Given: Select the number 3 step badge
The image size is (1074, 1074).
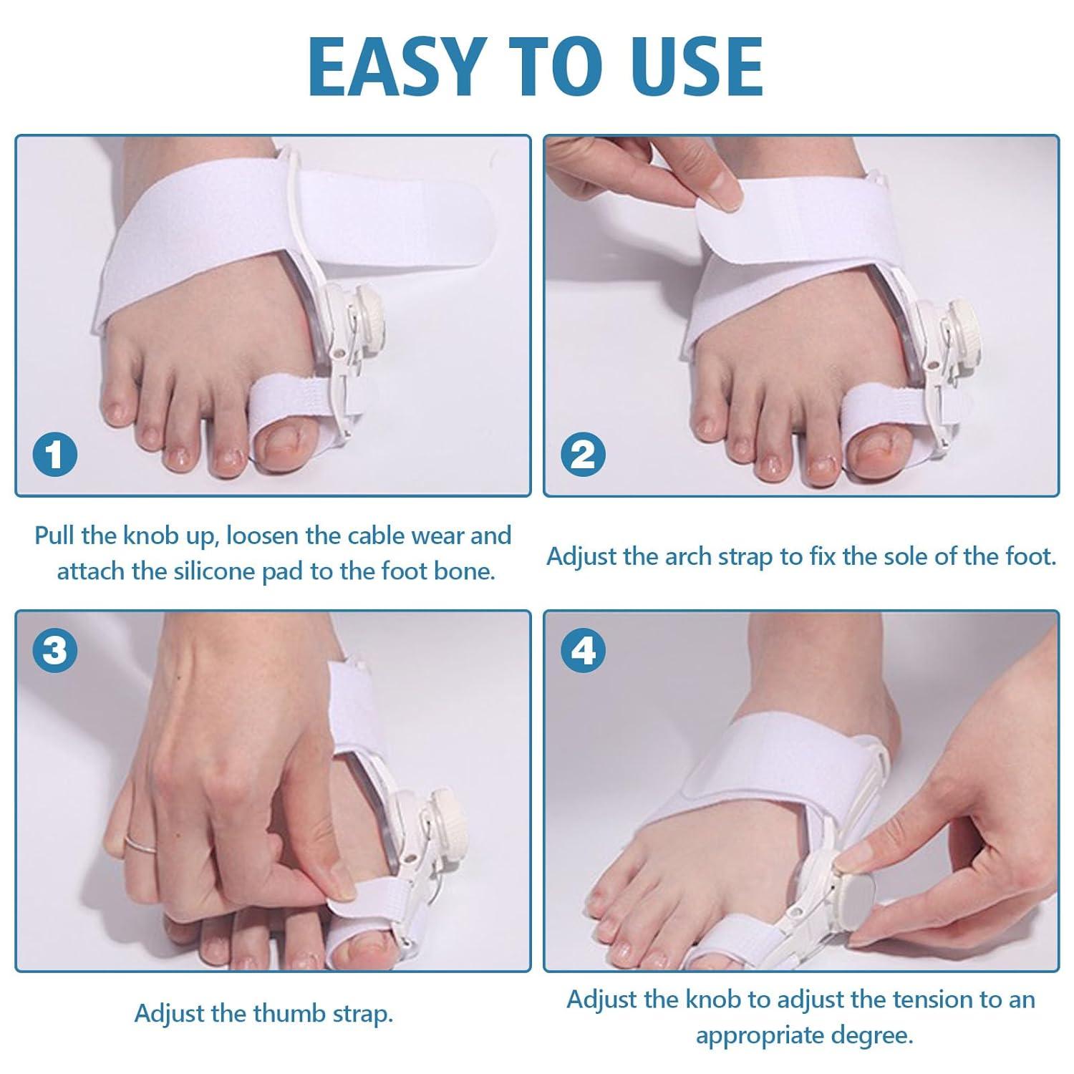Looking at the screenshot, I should [54, 650].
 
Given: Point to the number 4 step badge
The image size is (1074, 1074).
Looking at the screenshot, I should [583, 650].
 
